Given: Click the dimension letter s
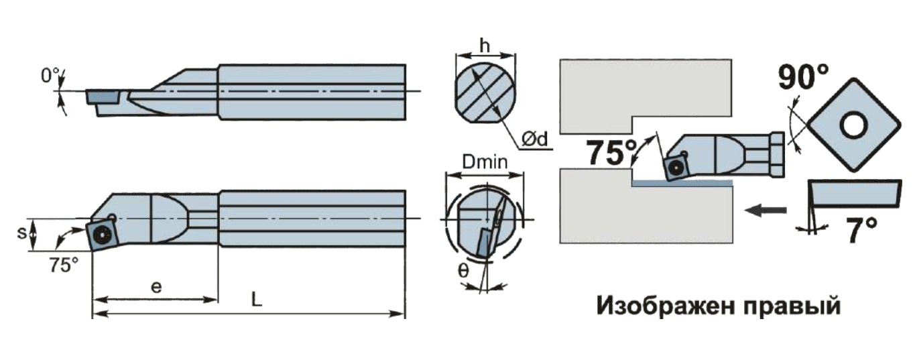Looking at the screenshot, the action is click(21, 233).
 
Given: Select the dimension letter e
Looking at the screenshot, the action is click(156, 287).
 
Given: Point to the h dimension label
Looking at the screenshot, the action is click(484, 46).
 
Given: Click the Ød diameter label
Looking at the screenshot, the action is click(535, 139).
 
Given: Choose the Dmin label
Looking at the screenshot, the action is click(485, 163).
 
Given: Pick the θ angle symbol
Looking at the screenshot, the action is click(463, 270).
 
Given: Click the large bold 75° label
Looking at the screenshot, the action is click(611, 153).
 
